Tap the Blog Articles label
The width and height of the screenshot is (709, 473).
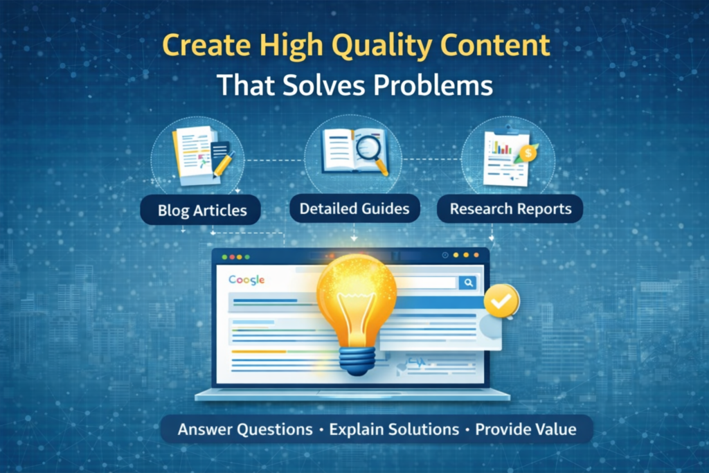[201, 211]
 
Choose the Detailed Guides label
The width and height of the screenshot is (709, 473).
[354, 208]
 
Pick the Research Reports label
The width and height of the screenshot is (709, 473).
[510, 208]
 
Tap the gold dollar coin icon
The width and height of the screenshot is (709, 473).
[528, 152]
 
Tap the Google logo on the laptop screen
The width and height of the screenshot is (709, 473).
[246, 280]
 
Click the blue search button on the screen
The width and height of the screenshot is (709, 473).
[468, 282]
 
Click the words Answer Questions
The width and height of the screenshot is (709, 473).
[245, 429]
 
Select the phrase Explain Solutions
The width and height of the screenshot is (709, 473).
[394, 429]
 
